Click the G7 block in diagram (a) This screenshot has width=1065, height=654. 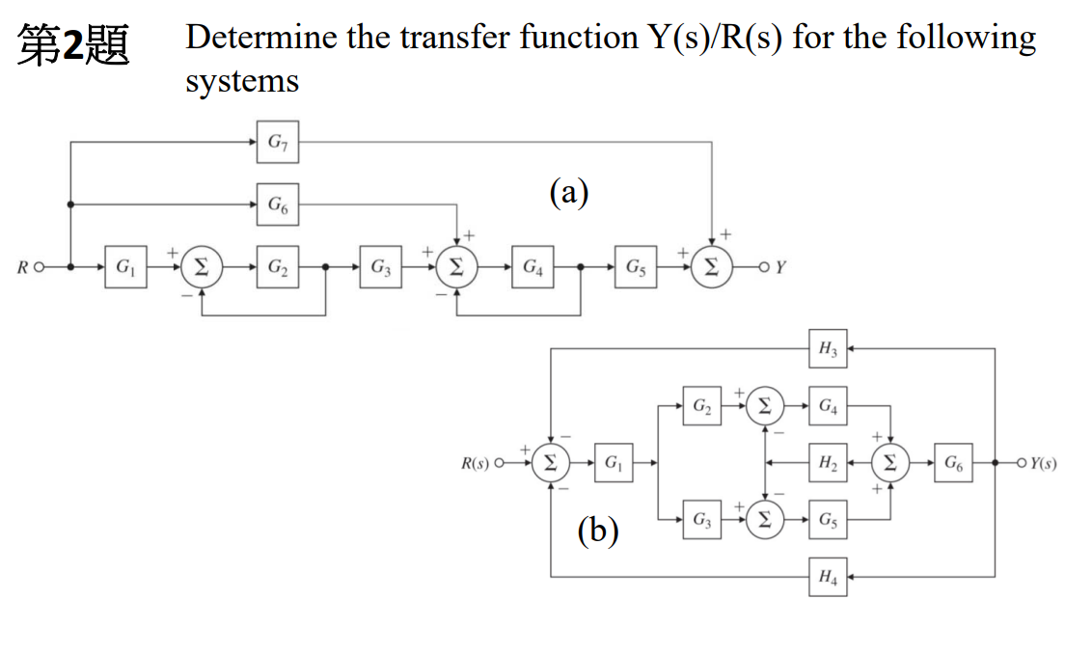click(277, 143)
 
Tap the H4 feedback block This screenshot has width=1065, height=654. click(828, 577)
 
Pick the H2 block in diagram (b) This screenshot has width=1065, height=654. click(828, 463)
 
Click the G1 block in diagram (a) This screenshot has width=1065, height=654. click(125, 265)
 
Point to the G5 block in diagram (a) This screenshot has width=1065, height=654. click(637, 265)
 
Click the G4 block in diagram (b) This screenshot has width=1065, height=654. click(828, 406)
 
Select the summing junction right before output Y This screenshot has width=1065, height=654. click(712, 265)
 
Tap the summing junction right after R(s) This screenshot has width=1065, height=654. click(550, 463)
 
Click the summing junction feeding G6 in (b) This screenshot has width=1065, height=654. click(890, 463)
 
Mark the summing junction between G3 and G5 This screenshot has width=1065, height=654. click(765, 520)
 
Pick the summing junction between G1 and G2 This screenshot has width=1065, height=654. click(202, 265)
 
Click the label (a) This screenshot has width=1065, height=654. click(569, 193)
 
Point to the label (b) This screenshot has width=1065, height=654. click(597, 530)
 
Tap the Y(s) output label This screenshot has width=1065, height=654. click(1042, 463)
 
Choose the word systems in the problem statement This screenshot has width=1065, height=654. click(242, 81)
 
